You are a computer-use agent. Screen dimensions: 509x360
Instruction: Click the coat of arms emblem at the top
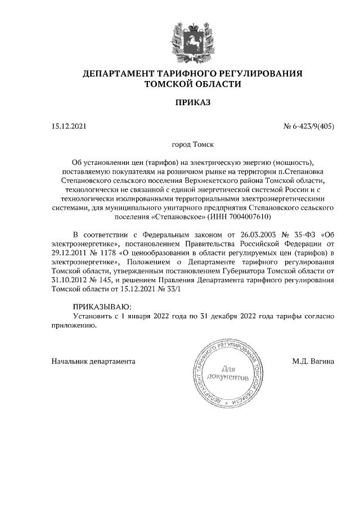point(193,40)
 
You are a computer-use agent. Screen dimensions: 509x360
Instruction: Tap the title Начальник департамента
point(93,361)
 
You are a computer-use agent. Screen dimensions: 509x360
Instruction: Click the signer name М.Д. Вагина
point(313,361)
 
